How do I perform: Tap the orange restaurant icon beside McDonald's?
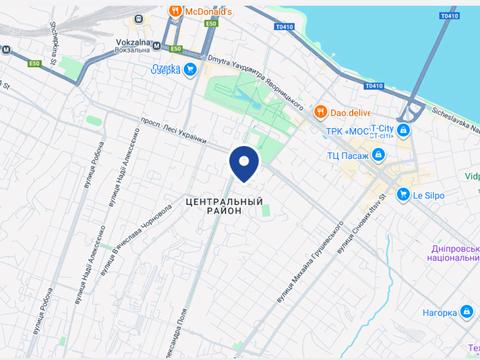tap(175, 12)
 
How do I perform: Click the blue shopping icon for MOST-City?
tap(403, 130)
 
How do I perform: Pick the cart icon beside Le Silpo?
tap(402, 195)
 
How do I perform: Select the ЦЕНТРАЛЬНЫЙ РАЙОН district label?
tap(224, 205)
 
